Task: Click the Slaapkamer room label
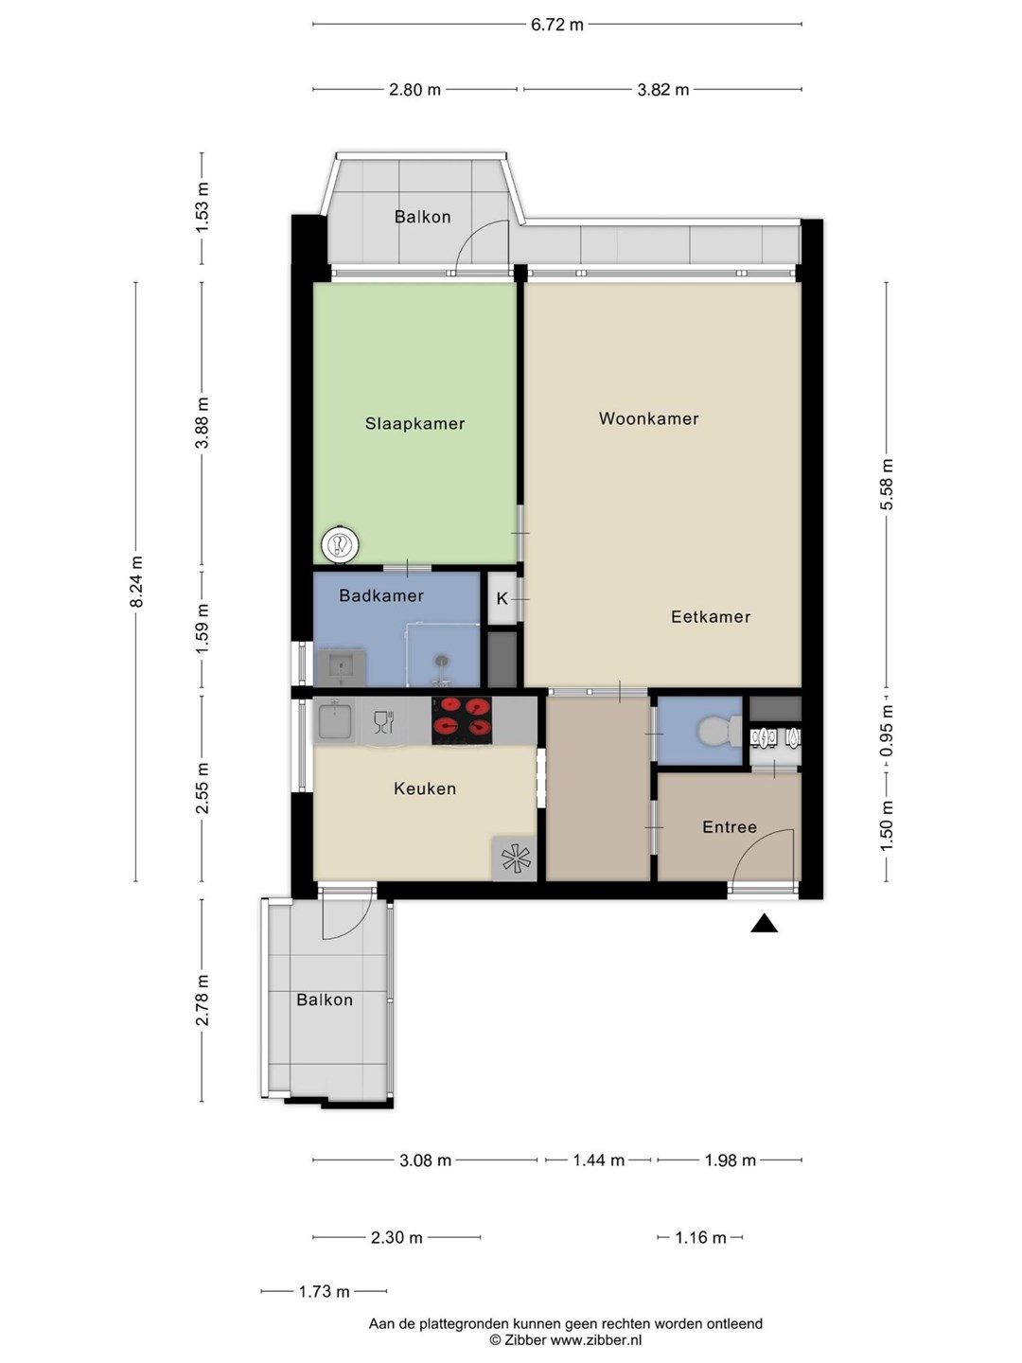(414, 423)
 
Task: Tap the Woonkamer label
(648, 418)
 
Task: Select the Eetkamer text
(711, 616)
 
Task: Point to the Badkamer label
(381, 595)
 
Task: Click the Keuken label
(425, 788)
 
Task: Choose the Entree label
(729, 827)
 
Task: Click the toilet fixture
(719, 731)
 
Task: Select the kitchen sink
(334, 719)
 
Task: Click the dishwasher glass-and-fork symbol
(384, 722)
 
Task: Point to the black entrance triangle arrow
(764, 924)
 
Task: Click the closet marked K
(502, 598)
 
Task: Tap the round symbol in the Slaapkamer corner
(340, 545)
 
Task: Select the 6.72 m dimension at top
(556, 25)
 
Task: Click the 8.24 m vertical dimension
(136, 582)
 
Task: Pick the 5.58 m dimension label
(887, 485)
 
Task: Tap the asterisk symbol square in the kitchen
(515, 859)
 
